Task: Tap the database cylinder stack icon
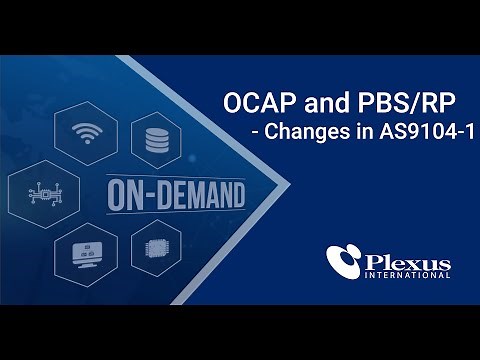(156, 139)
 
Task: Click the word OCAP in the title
(251, 104)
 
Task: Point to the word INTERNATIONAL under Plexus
(409, 273)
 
